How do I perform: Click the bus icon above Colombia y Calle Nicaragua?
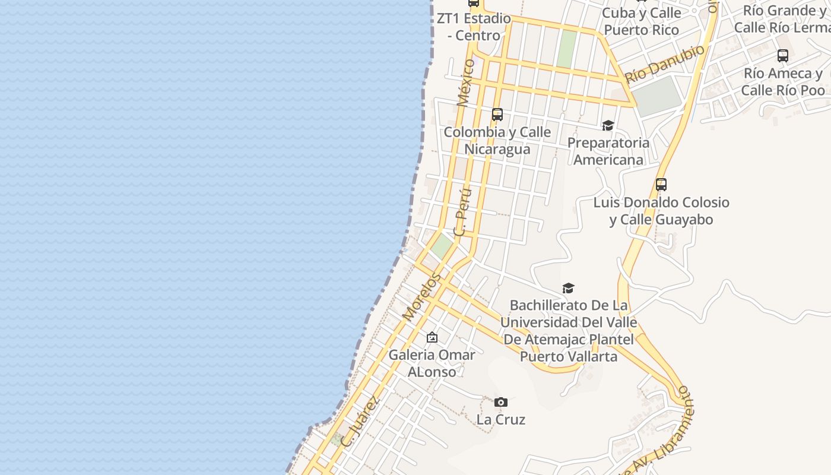tap(497, 115)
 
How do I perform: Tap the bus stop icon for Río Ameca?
tap(783, 56)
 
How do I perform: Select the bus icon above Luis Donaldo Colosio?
tap(661, 185)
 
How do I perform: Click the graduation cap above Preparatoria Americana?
tap(608, 126)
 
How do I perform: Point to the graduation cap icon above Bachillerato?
tap(568, 289)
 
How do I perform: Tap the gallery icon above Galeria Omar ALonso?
tap(432, 337)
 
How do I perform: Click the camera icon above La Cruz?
tap(501, 403)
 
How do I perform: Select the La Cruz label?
tap(501, 420)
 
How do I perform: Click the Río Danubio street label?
tap(665, 64)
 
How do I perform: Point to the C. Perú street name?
tap(463, 213)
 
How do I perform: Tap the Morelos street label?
tap(423, 297)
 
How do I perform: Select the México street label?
tap(467, 83)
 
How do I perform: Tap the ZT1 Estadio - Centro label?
tap(474, 27)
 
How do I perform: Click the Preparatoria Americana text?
tap(608, 151)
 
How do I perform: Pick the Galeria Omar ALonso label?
tap(432, 363)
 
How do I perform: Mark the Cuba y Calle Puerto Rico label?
tap(641, 21)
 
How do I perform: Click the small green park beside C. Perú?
tap(442, 246)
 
